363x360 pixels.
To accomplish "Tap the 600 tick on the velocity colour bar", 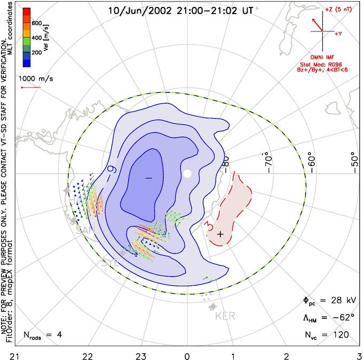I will click(x=37, y=23).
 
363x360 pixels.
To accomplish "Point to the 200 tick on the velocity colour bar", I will click(x=37, y=53).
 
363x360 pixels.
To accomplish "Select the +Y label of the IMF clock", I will click(x=338, y=34).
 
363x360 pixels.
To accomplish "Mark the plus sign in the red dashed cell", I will click(x=220, y=234).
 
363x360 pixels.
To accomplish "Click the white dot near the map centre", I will click(x=187, y=174).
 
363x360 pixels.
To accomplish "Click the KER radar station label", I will click(x=225, y=316).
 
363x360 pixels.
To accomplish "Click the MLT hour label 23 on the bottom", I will click(x=140, y=354).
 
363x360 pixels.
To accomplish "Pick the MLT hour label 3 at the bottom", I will click(x=359, y=354).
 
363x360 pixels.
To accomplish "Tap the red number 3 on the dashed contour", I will click(x=210, y=228).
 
